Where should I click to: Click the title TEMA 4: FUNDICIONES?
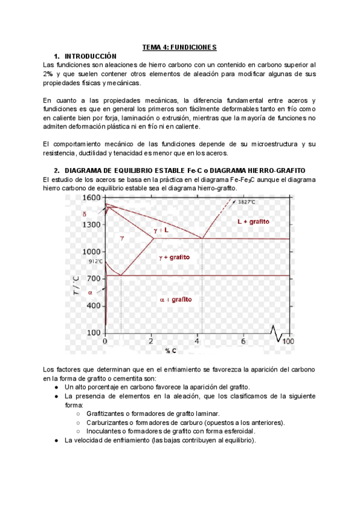179,47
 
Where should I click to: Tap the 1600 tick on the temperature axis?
91,197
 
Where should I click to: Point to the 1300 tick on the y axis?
91,224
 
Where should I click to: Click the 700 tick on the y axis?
92,279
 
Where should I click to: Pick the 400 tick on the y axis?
92,306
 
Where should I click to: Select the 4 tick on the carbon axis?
198,341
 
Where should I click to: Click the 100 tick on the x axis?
288,341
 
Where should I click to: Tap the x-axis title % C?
170,351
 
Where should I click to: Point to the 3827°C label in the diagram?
246,202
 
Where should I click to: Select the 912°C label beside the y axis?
95,262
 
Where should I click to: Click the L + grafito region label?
253,221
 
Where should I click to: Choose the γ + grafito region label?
174,257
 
